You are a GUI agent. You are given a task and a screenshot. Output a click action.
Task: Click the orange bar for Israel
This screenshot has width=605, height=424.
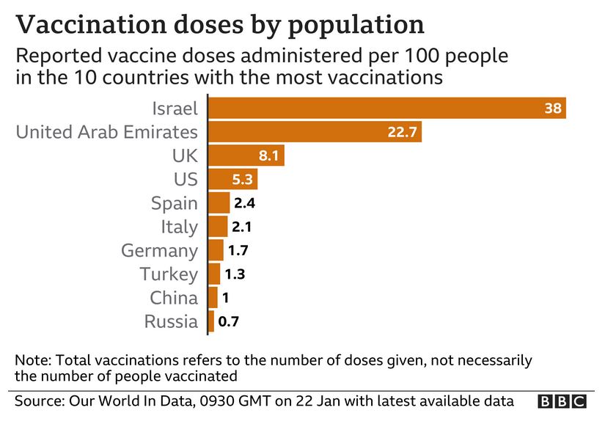(x=387, y=109)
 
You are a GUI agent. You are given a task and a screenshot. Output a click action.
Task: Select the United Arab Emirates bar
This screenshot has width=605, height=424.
(x=315, y=132)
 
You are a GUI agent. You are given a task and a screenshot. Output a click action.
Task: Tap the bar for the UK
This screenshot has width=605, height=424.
(x=246, y=156)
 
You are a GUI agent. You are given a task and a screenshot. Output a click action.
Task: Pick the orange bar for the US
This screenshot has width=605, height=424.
(x=233, y=179)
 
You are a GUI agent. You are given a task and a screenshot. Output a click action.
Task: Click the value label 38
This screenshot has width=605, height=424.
(x=553, y=109)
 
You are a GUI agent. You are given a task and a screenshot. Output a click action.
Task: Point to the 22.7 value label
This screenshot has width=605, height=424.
(x=401, y=132)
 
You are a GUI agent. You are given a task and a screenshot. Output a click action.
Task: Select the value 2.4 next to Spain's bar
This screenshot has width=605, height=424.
(x=245, y=203)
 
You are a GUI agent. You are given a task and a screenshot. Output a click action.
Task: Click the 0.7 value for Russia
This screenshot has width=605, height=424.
(x=229, y=321)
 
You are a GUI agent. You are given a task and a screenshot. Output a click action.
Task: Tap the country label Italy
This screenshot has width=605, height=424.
(x=179, y=227)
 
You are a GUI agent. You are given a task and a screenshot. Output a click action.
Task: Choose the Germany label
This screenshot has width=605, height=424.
(x=159, y=250)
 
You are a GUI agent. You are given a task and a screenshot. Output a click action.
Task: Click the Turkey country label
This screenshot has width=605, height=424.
(x=169, y=274)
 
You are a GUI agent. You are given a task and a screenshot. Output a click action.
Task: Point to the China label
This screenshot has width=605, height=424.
(x=174, y=298)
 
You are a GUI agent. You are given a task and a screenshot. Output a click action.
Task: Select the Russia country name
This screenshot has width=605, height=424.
(x=171, y=321)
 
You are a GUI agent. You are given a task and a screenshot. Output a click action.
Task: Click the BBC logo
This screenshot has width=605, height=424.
(x=562, y=401)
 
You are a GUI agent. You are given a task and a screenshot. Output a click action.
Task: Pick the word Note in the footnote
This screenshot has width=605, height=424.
(x=31, y=361)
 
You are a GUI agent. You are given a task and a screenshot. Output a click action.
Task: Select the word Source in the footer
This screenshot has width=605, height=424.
(x=38, y=401)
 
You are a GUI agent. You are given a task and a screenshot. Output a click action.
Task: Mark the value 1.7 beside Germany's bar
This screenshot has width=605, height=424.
(x=239, y=250)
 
